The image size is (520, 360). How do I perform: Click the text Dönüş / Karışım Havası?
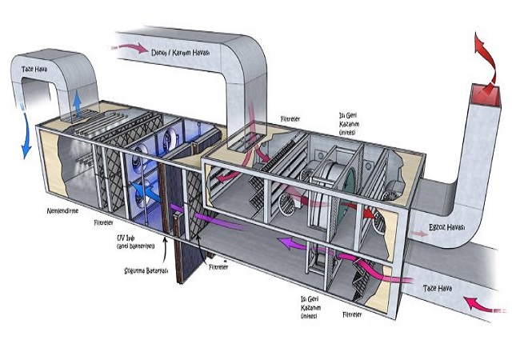click(x=181, y=53)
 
